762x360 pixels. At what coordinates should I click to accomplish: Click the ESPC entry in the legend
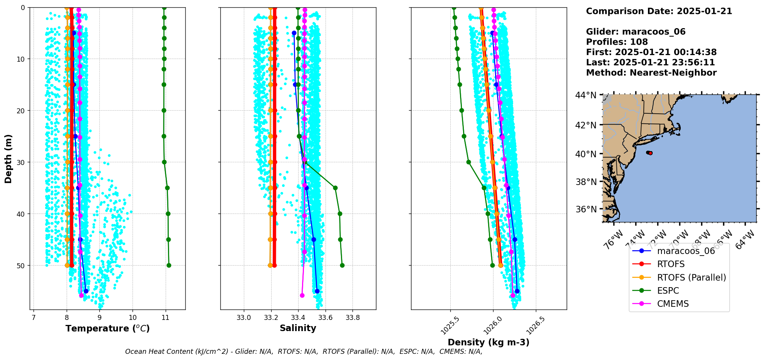click(x=668, y=291)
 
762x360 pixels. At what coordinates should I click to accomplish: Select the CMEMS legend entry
click(x=673, y=304)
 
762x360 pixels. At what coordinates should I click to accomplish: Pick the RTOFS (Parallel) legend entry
click(x=691, y=278)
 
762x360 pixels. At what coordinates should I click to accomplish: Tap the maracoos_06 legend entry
click(x=686, y=251)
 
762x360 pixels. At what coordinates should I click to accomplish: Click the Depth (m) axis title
click(x=8, y=158)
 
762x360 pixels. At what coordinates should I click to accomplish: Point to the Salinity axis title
click(x=298, y=328)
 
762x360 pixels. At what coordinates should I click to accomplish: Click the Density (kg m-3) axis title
click(x=488, y=342)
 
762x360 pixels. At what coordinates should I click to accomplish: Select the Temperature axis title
click(x=107, y=328)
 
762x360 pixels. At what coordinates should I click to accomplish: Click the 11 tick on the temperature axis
click(x=166, y=318)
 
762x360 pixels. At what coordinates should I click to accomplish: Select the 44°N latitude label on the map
click(x=586, y=95)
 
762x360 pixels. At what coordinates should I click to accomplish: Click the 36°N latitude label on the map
click(x=586, y=209)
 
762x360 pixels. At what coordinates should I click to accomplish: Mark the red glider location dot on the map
click(x=650, y=153)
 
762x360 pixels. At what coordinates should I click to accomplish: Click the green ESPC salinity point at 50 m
click(x=342, y=265)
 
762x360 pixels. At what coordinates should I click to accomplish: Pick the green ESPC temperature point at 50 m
click(x=169, y=265)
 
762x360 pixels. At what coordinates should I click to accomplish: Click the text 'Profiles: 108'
click(x=617, y=42)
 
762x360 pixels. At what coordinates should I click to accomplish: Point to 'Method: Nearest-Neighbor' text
click(x=651, y=73)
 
